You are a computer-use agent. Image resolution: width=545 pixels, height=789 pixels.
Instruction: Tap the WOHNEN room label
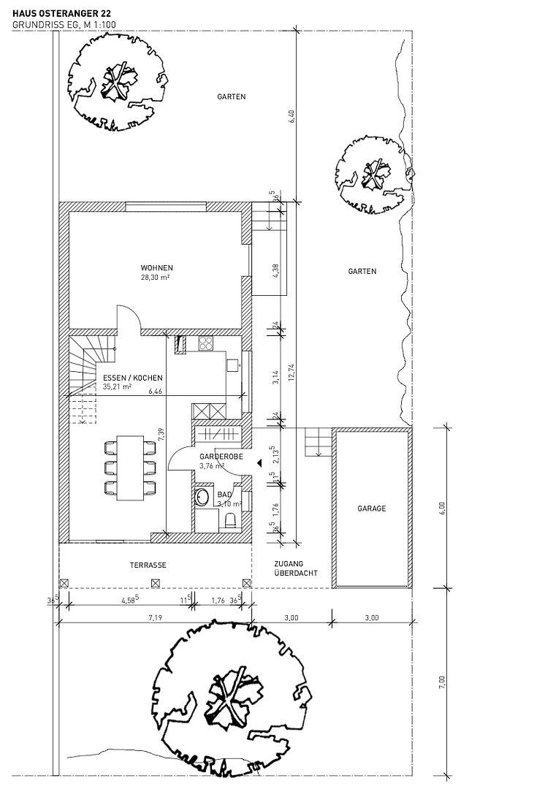(156, 267)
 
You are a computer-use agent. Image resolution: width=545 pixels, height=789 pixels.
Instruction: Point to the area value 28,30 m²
(156, 278)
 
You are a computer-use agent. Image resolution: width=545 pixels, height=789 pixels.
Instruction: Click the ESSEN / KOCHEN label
(132, 378)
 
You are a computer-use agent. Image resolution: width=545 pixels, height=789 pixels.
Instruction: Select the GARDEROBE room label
(221, 456)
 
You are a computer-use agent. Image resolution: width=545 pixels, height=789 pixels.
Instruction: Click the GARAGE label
(371, 508)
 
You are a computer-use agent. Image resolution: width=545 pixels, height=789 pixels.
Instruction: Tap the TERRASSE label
(148, 565)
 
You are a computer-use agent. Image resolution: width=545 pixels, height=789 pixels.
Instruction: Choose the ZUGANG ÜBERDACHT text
(295, 568)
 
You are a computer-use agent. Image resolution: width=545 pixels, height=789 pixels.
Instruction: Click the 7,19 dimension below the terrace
(155, 618)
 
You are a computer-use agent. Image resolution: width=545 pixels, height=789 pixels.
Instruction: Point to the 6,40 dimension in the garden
(292, 117)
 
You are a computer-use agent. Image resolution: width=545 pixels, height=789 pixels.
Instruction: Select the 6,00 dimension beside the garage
(442, 508)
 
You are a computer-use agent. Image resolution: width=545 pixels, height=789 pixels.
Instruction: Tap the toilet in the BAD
(230, 521)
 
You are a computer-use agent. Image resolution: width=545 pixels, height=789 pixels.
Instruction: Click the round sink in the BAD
(202, 498)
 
